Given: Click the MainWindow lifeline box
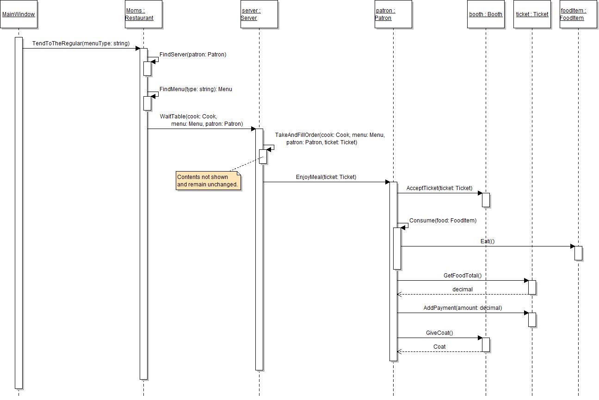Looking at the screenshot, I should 19,14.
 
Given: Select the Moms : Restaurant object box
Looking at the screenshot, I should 143,14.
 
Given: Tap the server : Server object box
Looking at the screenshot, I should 259,14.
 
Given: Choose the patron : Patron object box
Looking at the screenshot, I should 393,14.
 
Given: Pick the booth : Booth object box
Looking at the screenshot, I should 486,14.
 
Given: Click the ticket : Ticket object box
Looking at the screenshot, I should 532,14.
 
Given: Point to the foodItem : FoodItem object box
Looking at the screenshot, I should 578,14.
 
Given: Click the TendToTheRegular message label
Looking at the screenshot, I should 81,43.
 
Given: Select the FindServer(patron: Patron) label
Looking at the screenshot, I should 193,55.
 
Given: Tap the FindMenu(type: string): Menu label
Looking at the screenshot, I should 196,89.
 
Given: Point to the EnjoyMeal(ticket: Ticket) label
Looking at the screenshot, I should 326,177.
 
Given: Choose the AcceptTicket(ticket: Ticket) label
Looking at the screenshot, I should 439,188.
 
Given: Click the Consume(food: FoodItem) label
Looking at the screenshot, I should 443,221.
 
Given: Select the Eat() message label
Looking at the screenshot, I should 488,241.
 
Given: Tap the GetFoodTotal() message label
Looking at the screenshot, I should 463,276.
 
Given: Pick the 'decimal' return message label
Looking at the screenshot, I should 463,289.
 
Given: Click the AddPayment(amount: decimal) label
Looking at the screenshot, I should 463,308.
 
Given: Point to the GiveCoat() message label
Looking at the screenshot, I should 439,333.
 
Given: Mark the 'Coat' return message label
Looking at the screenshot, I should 439,347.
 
